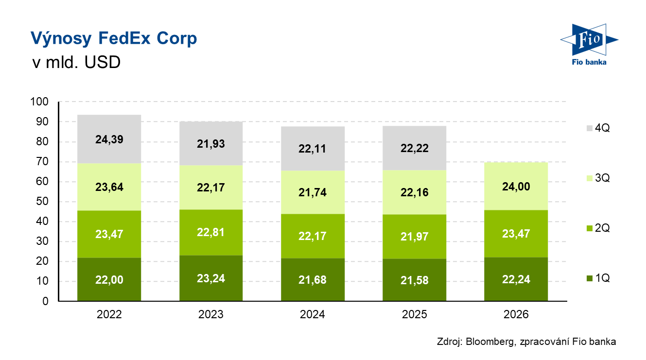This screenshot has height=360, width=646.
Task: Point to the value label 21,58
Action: [414, 280]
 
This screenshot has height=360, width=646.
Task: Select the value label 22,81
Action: [210, 232]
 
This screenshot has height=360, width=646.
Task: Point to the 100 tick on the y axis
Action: [40, 102]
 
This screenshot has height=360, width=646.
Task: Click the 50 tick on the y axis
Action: [42, 202]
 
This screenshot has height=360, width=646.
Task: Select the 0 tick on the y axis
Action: [45, 301]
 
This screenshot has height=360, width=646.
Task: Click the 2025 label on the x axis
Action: [414, 314]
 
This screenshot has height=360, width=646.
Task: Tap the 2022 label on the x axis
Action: [109, 314]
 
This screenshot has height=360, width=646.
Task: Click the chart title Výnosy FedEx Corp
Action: [114, 38]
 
